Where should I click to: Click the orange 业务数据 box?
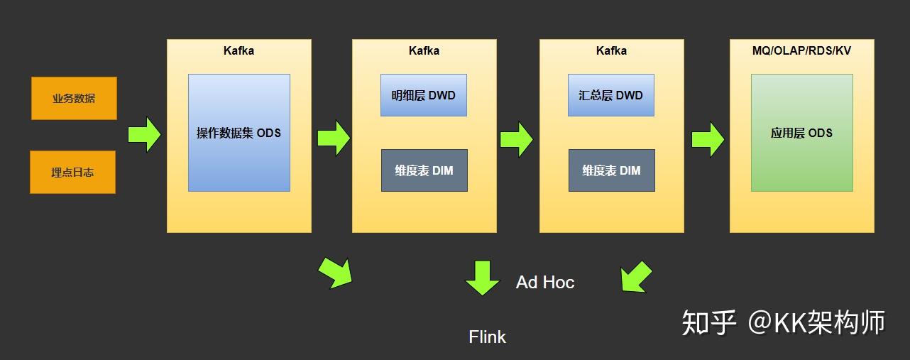[x=74, y=98]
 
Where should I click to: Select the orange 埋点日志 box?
[x=72, y=172]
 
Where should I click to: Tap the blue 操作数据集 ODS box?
[x=239, y=133]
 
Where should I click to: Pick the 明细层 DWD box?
[x=424, y=95]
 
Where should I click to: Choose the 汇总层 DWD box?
[x=611, y=95]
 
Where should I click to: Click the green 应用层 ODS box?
[x=802, y=133]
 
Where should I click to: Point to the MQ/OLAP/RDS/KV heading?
[x=801, y=50]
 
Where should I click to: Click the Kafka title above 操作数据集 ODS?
[x=239, y=50]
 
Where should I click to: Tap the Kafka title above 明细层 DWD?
[x=424, y=50]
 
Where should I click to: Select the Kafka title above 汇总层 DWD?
[x=611, y=50]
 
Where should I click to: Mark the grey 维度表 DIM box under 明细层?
[x=424, y=170]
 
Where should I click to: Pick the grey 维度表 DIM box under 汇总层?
[x=612, y=170]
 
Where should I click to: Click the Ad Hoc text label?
[x=545, y=282]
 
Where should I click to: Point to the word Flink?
[x=488, y=337]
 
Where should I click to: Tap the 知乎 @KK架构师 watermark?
[x=784, y=322]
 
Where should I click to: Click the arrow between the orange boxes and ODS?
[x=145, y=134]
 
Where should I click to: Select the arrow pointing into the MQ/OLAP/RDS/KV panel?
[x=708, y=139]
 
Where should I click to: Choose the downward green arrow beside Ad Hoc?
[x=483, y=277]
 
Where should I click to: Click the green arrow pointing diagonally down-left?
[x=636, y=277]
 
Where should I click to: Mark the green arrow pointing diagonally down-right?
[x=335, y=273]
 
